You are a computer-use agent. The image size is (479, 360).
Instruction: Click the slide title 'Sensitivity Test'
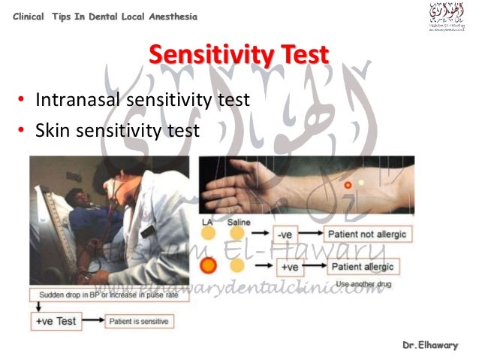(x=239, y=56)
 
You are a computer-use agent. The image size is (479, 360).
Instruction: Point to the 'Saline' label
(x=238, y=222)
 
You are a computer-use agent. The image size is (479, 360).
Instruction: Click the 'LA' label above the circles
(x=208, y=222)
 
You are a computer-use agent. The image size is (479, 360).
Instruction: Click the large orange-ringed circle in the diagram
(x=209, y=265)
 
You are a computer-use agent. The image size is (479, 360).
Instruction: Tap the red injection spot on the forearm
(x=348, y=184)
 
